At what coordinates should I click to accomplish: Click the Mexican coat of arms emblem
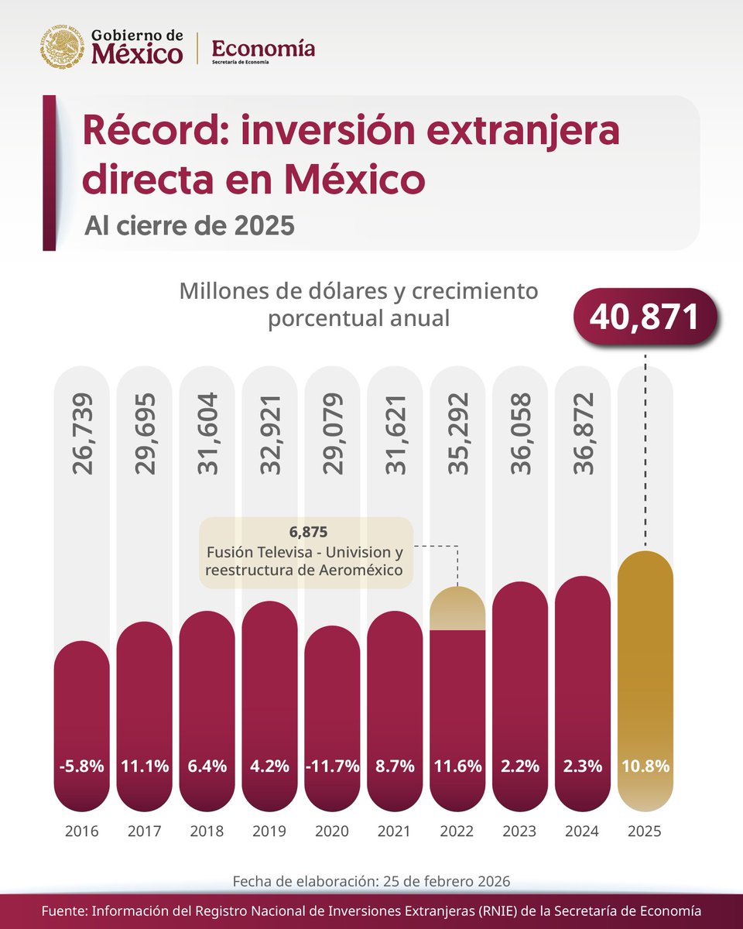click(x=62, y=48)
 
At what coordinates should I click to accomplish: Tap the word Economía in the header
click(x=263, y=48)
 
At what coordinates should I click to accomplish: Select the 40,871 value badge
click(x=645, y=317)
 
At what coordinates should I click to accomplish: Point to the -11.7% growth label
click(x=332, y=766)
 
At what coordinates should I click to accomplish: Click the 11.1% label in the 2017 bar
click(x=145, y=766)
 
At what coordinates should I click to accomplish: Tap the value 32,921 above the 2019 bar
click(x=269, y=434)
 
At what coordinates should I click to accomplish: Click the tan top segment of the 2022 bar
click(x=457, y=608)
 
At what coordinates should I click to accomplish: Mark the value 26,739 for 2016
click(x=82, y=434)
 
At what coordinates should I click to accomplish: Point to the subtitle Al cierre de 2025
click(x=190, y=225)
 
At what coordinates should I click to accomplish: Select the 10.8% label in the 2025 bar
click(x=645, y=766)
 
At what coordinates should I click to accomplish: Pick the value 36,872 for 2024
click(x=583, y=434)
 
